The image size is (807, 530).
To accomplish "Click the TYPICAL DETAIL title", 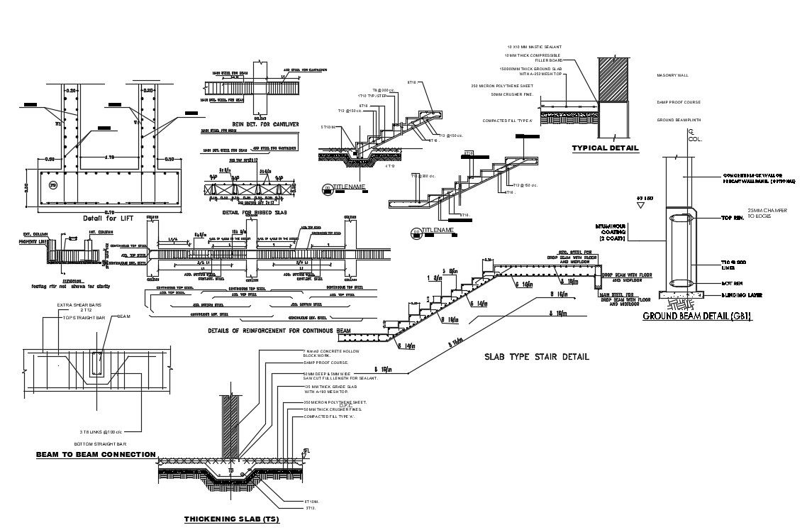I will click(605, 148).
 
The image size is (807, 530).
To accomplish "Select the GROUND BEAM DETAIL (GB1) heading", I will click(696, 316).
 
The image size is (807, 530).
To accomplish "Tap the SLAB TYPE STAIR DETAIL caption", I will click(536, 356).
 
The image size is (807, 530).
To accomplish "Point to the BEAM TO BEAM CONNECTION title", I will click(96, 454).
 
